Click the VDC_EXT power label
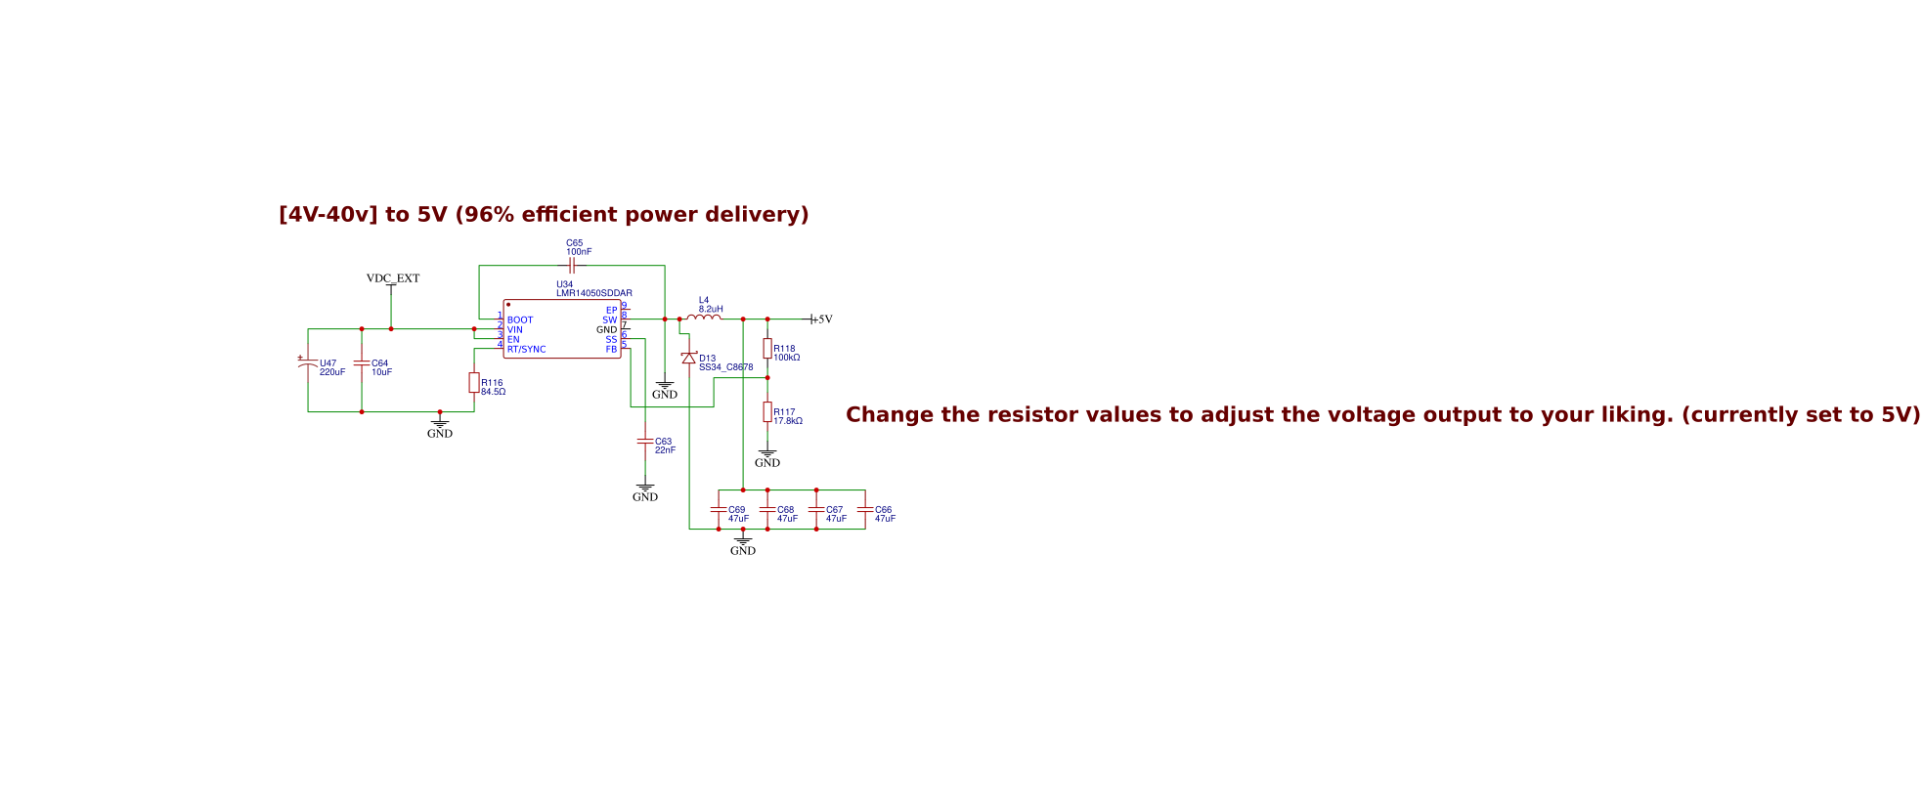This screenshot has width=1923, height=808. click(393, 278)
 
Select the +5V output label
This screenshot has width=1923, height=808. click(821, 319)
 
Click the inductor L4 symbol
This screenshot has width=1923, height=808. click(704, 318)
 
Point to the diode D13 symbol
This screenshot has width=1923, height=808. click(689, 359)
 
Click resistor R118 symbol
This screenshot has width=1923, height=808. click(767, 349)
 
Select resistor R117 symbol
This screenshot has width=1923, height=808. click(767, 412)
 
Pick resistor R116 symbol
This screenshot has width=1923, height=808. click(474, 383)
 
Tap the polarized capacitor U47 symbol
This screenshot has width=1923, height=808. click(308, 363)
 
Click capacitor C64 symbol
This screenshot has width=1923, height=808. click(362, 363)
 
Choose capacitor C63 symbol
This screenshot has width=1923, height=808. click(645, 442)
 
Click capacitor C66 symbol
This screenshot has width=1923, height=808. click(865, 510)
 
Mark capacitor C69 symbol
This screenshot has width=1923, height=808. click(719, 510)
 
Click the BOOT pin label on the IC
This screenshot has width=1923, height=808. click(520, 320)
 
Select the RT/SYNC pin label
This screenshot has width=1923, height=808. click(526, 350)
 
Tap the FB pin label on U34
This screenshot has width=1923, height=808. click(611, 350)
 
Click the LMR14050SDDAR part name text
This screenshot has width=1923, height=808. click(594, 293)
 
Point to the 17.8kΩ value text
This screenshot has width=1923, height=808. click(788, 421)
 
